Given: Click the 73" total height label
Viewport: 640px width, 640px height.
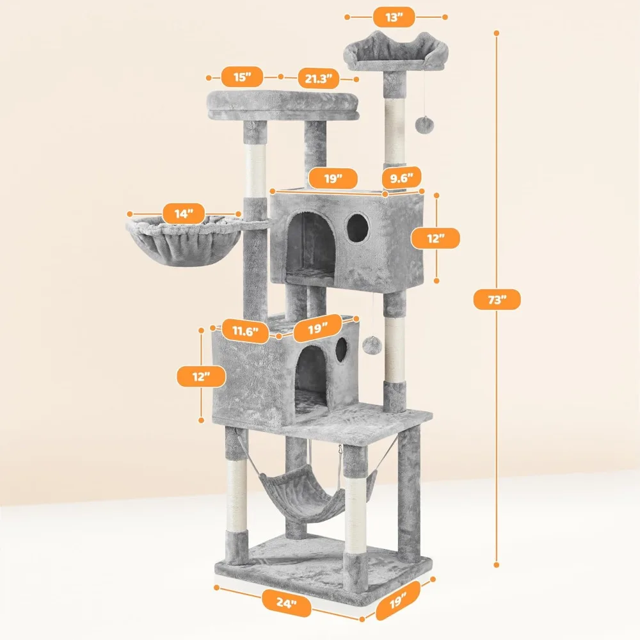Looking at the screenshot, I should click(497, 300).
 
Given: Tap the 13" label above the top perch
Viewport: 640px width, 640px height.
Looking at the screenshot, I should click(395, 17).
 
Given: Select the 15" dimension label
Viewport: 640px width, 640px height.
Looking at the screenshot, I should click(243, 77).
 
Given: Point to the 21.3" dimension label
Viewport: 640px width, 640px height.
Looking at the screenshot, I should click(318, 79).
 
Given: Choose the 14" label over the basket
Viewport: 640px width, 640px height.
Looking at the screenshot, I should click(184, 214).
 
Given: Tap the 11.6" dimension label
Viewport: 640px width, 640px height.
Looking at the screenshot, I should click(245, 331).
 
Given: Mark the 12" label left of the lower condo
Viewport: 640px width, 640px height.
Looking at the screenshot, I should click(200, 376).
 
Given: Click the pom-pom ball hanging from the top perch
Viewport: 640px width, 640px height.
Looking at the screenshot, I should click(421, 124).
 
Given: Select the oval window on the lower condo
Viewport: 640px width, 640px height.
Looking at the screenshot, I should click(341, 348).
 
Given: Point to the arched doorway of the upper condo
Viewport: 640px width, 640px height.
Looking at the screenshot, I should click(310, 246).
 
